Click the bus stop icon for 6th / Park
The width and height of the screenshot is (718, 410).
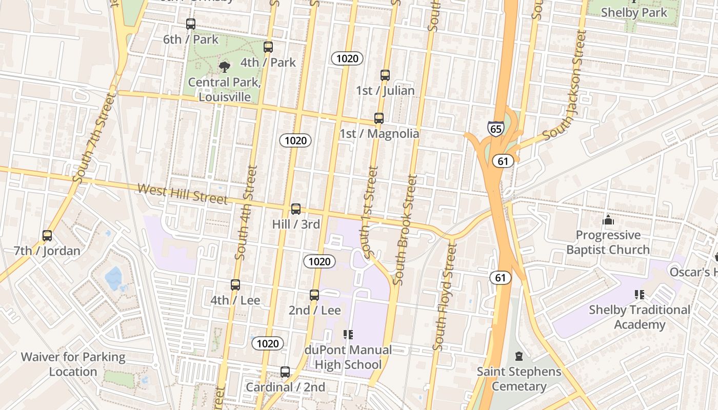point(191,24)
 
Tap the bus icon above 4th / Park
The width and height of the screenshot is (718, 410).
point(268,47)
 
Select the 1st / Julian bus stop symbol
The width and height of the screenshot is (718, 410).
point(385,75)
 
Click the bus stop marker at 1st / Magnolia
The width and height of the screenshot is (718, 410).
point(379,118)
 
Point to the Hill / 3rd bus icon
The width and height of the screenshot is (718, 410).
point(296,209)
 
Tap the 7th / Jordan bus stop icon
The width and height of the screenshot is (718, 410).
point(47,236)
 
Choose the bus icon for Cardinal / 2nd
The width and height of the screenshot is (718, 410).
point(285,372)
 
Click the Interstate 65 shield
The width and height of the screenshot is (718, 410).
point(495,128)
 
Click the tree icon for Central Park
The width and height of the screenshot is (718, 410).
point(224,67)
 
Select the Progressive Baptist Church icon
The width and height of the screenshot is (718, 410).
point(608,220)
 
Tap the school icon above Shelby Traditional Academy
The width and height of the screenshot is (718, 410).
point(639,295)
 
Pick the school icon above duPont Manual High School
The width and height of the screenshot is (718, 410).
point(348,335)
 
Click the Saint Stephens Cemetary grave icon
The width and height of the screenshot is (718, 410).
point(519,356)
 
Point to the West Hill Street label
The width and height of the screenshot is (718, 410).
point(183,194)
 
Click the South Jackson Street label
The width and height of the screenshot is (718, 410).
point(565,85)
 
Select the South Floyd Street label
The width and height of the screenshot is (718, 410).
point(445,297)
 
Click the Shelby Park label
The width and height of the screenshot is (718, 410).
point(634,13)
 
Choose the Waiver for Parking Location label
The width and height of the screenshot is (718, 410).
point(73,364)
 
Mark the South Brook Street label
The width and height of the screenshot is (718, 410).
point(405,231)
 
